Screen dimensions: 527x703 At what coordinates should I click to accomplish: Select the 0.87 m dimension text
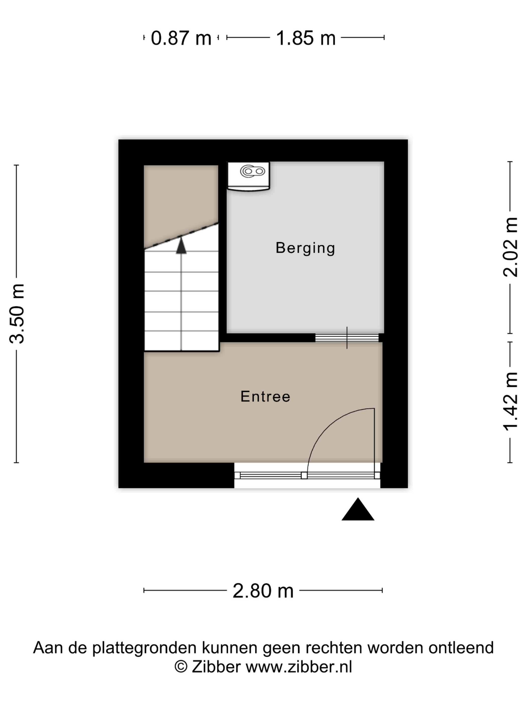click(x=181, y=38)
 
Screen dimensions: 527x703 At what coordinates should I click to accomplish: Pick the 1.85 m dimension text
click(x=306, y=38)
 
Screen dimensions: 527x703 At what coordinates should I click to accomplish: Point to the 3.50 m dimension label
click(x=17, y=314)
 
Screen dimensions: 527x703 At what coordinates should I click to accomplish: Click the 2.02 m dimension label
click(x=510, y=247)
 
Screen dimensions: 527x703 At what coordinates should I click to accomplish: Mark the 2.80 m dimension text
click(x=263, y=591)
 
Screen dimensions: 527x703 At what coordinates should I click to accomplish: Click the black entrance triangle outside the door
click(x=358, y=509)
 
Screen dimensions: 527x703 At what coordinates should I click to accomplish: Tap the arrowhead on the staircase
click(x=181, y=246)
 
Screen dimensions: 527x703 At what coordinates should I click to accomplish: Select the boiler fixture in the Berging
click(x=249, y=176)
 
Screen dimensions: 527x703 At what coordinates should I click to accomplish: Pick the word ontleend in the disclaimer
click(x=461, y=647)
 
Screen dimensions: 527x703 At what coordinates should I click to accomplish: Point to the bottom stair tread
click(x=182, y=341)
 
